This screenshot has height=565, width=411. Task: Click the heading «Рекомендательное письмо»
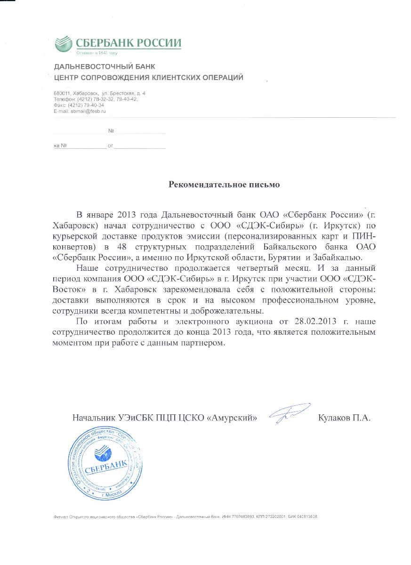pyautogui.click(x=224, y=185)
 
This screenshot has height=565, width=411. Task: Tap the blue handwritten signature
pyautogui.click(x=288, y=413)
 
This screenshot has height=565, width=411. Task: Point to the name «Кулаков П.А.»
pyautogui.click(x=345, y=418)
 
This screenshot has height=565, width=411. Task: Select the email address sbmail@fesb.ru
pyautogui.click(x=87, y=111)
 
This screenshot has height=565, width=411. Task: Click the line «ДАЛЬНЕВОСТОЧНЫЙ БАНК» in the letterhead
pyautogui.click(x=105, y=66)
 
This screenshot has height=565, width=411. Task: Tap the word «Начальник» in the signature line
pyautogui.click(x=91, y=418)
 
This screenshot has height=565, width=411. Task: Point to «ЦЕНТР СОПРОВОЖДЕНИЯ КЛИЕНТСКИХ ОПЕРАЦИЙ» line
pyautogui.click(x=149, y=78)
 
